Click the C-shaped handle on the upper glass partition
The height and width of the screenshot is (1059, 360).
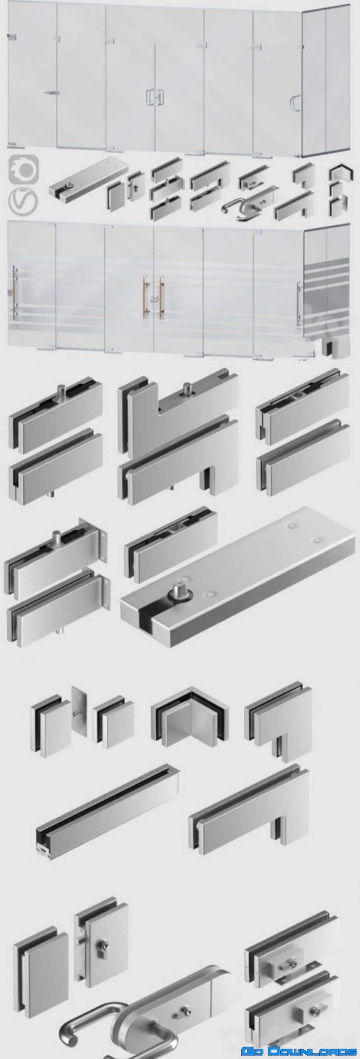point(295,103)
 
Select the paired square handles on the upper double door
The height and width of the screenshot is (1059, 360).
point(155,96)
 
